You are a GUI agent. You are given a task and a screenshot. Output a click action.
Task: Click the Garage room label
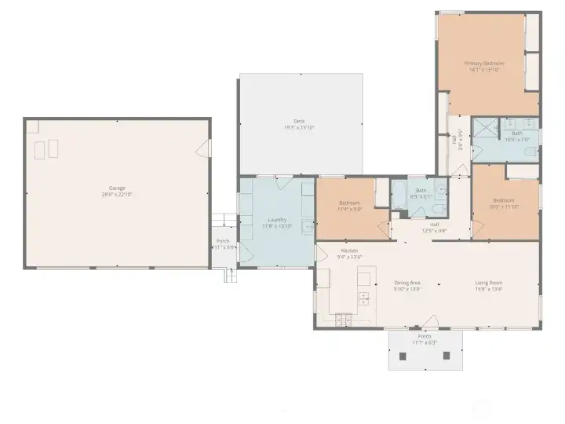[117, 189]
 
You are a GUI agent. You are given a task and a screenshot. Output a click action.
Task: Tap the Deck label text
[299, 121]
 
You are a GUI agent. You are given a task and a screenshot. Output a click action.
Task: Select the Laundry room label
[277, 220]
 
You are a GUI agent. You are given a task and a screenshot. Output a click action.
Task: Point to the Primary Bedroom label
[483, 63]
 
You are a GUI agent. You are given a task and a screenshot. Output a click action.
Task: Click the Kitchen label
[349, 250]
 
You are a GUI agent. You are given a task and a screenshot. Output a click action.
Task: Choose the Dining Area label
[407, 283]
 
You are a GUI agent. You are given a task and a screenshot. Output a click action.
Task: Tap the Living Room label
[488, 283]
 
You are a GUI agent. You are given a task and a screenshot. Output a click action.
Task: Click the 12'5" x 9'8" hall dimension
[434, 231]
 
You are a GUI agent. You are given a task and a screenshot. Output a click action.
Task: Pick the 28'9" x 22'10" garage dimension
[118, 195]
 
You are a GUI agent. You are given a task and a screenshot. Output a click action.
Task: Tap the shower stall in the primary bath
[489, 126]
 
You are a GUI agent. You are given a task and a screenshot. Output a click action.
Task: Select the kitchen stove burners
[344, 319]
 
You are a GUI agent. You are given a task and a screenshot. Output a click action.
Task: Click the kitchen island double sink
[364, 298]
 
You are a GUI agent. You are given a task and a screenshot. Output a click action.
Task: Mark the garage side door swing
[206, 147]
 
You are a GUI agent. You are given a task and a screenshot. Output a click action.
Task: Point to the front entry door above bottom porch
[429, 322]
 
